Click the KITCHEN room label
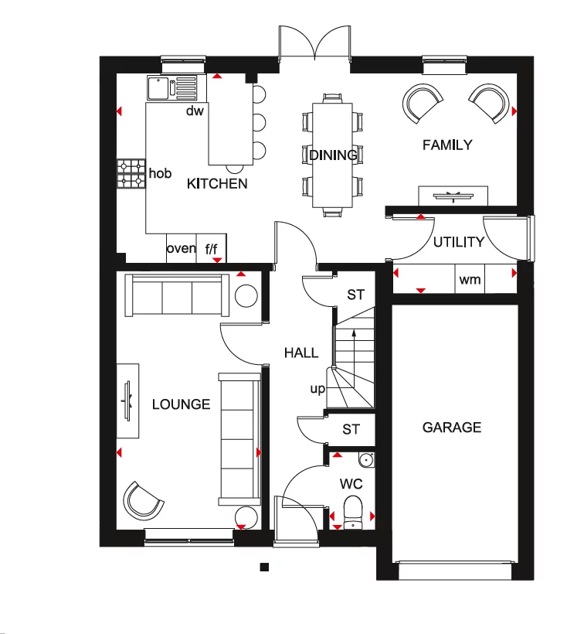(x=217, y=183)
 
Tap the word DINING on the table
(x=333, y=155)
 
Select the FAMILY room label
(x=446, y=145)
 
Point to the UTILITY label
(x=458, y=242)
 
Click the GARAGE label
(x=452, y=427)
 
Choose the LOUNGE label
(x=181, y=404)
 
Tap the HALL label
(x=300, y=353)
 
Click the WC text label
(x=351, y=485)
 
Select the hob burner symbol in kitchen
(x=131, y=174)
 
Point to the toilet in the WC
(x=352, y=512)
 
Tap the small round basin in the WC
(x=366, y=461)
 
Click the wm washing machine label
(x=469, y=280)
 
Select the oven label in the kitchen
(x=182, y=248)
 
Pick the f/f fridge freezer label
(x=212, y=249)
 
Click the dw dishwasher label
(x=194, y=111)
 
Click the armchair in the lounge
(x=144, y=500)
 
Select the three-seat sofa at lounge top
(x=177, y=295)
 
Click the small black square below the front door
(x=263, y=567)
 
